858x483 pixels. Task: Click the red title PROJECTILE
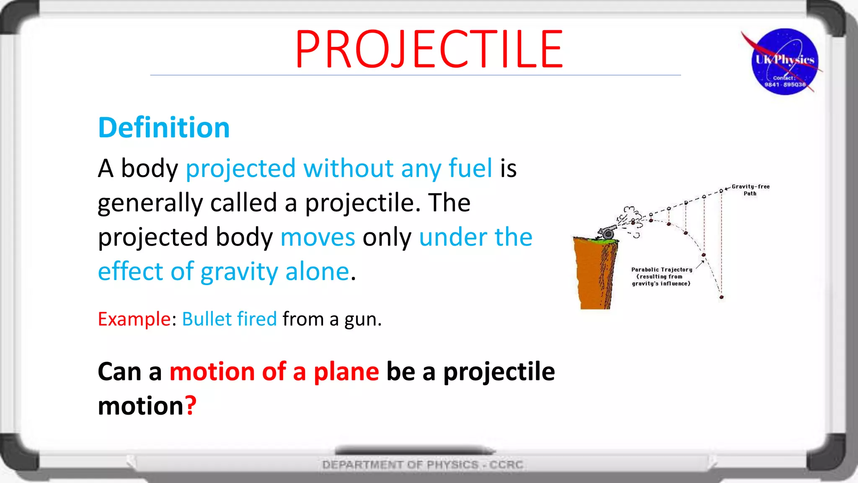pyautogui.click(x=429, y=49)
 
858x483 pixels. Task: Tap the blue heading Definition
pyautogui.click(x=164, y=127)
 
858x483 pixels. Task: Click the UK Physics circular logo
pyautogui.click(x=784, y=62)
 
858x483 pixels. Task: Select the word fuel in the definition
pyautogui.click(x=470, y=168)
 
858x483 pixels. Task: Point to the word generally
pyautogui.click(x=150, y=203)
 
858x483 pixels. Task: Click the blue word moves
pyautogui.click(x=318, y=237)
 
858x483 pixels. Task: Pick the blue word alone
pyautogui.click(x=317, y=272)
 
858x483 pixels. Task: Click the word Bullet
pyautogui.click(x=207, y=319)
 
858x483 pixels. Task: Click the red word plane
pyautogui.click(x=346, y=372)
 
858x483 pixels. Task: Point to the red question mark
pyautogui.click(x=191, y=405)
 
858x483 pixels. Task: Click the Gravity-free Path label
pyautogui.click(x=750, y=190)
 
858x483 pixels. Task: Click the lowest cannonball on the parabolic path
pyautogui.click(x=721, y=297)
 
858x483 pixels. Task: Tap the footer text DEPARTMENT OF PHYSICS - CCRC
pyautogui.click(x=422, y=465)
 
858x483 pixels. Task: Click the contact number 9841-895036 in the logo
pyautogui.click(x=785, y=85)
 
